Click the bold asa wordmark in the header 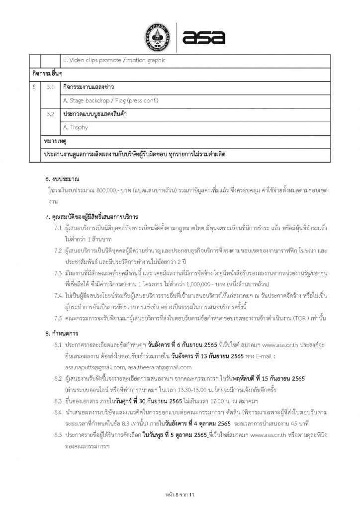coord(204,36)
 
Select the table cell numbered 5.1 coord(50,87)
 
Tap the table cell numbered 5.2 coord(50,114)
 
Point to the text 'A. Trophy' coord(76,127)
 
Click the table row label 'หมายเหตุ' coord(54,141)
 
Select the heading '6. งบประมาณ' coord(62,178)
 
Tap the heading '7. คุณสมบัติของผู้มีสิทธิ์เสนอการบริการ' coord(91,217)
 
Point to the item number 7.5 coord(58,317)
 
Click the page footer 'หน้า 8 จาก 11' coord(180,495)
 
